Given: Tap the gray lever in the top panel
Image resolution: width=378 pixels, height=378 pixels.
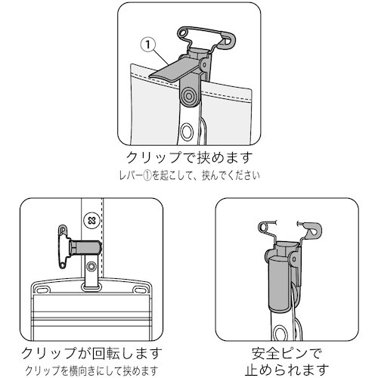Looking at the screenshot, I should pos(175,72).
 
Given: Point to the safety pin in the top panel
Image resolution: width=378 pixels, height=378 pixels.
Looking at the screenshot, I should pos(198,36).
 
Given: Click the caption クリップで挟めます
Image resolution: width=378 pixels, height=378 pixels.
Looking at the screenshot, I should pos(189,160).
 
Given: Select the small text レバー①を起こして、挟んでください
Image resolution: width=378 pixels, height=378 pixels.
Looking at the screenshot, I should pos(189,178).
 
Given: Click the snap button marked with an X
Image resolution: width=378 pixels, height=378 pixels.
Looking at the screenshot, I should pos(93,220).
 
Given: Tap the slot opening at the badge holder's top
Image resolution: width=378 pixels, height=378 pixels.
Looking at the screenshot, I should pos(92,287).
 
